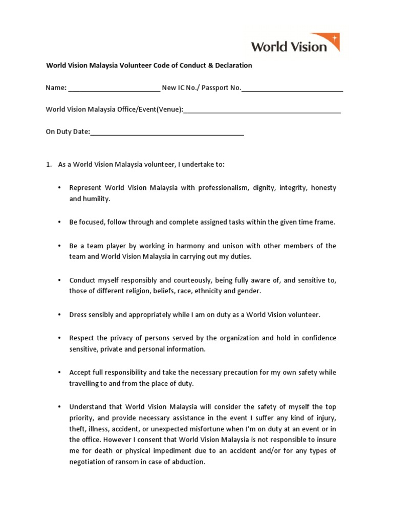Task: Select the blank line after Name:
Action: pos(114,88)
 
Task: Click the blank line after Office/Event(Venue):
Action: pos(262,110)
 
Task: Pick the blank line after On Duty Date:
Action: pos(167,132)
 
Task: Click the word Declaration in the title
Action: pos(233,65)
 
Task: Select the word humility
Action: pos(96,199)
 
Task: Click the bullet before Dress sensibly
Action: pos(60,315)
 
